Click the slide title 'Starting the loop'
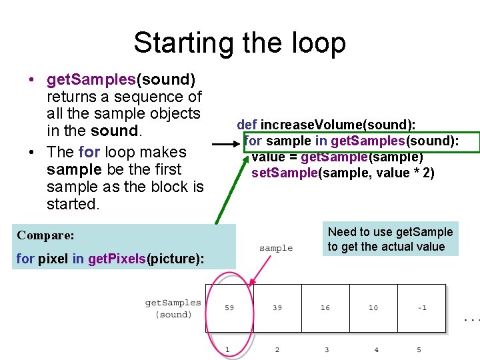pyautogui.click(x=239, y=43)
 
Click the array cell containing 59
pyautogui.click(x=229, y=308)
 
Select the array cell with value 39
pyautogui.click(x=277, y=308)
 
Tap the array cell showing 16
pyautogui.click(x=325, y=308)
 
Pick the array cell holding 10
pyautogui.click(x=373, y=308)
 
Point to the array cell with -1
pyautogui.click(x=421, y=308)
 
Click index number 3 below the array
pyautogui.click(x=327, y=349)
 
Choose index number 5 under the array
pyautogui.click(x=419, y=349)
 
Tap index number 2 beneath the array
pyautogui.click(x=277, y=349)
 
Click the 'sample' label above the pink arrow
pyautogui.click(x=276, y=248)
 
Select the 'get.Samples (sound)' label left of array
pyautogui.click(x=173, y=309)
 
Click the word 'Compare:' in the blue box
pyautogui.click(x=45, y=235)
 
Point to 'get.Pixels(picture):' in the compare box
pyautogui.click(x=150, y=259)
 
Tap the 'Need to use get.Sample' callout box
pyautogui.click(x=390, y=239)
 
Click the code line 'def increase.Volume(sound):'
pyautogui.click(x=326, y=125)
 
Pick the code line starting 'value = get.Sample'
pyautogui.click(x=337, y=157)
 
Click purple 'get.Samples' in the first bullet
pyautogui.click(x=91, y=80)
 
